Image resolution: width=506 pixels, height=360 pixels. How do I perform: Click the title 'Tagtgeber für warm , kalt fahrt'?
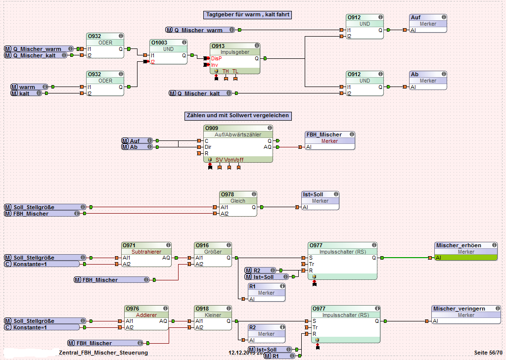(x=247, y=15)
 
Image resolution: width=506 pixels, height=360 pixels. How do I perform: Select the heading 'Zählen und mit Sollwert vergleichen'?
(x=237, y=116)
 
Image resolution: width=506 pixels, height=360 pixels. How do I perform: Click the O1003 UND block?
(x=168, y=52)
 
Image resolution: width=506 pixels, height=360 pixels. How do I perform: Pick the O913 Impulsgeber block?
(x=235, y=58)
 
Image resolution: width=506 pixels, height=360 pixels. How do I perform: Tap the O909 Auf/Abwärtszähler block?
(x=238, y=143)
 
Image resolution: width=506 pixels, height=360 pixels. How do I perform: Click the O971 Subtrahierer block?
(x=146, y=255)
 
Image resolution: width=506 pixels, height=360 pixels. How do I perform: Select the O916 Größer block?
(x=213, y=255)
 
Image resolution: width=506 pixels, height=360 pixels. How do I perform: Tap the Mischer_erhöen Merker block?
(x=465, y=251)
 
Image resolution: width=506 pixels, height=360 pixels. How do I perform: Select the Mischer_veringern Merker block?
(x=465, y=315)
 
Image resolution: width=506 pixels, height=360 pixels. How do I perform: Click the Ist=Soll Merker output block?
(x=320, y=201)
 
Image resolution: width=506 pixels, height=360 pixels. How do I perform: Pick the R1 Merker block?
(x=267, y=292)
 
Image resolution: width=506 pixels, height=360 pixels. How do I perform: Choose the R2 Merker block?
(x=267, y=334)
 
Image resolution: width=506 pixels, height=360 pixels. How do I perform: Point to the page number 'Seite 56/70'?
(x=487, y=353)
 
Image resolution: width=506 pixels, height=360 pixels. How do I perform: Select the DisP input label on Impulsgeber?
(x=216, y=58)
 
